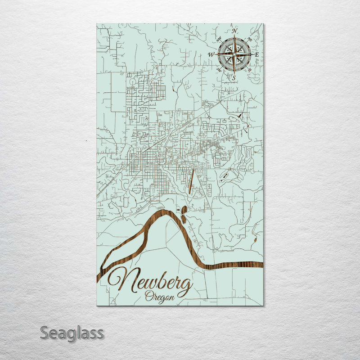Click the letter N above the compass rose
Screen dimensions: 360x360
point(234,31)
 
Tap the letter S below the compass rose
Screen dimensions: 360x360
point(234,77)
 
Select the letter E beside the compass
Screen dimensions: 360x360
point(257,54)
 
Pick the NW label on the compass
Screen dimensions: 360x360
point(218,39)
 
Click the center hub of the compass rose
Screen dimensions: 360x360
point(234,54)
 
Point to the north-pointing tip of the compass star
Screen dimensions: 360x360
point(234,37)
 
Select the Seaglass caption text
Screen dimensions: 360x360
point(72,333)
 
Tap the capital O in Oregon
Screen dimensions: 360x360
point(149,296)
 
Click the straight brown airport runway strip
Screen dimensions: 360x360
point(191,181)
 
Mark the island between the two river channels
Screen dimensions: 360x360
point(130,243)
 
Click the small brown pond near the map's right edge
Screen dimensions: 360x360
point(255,237)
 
